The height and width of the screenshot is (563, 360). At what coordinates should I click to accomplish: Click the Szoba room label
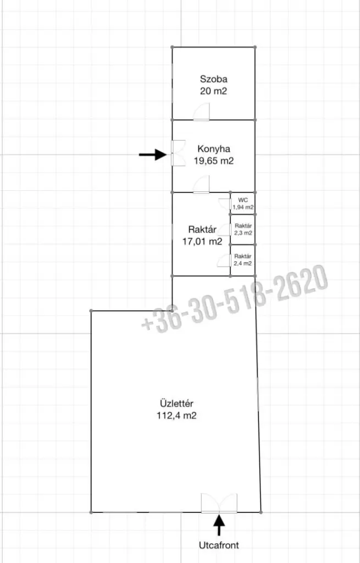pyautogui.click(x=214, y=79)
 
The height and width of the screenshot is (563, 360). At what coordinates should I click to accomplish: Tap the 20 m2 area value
pyautogui.click(x=214, y=91)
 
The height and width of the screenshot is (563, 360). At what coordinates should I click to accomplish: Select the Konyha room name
pyautogui.click(x=214, y=148)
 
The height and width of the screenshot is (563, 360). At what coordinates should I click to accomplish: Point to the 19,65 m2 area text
pyautogui.click(x=214, y=161)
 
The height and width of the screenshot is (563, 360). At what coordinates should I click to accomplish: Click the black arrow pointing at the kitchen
pyautogui.click(x=153, y=154)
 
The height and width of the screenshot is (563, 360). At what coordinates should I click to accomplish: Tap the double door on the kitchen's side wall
pyautogui.click(x=178, y=153)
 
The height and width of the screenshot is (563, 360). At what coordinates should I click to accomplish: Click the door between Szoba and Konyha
pyautogui.click(x=201, y=112)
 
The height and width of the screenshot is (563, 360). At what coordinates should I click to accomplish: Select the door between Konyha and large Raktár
pyautogui.click(x=201, y=184)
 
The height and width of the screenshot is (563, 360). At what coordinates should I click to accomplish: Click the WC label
pyautogui.click(x=243, y=200)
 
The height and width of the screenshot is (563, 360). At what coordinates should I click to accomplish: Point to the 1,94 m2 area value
pyautogui.click(x=243, y=207)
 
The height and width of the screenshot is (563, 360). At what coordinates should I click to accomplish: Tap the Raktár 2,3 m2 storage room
pyautogui.click(x=243, y=229)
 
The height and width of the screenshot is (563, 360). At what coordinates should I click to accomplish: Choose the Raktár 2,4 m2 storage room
pyautogui.click(x=243, y=260)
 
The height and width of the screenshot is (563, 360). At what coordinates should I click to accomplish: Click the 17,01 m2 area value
pyautogui.click(x=202, y=241)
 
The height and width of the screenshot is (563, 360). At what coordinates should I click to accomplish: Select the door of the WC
pyautogui.click(x=225, y=204)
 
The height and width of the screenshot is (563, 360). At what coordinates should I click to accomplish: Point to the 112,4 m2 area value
pyautogui.click(x=176, y=416)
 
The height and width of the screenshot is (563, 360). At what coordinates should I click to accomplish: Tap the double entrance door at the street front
pyautogui.click(x=219, y=503)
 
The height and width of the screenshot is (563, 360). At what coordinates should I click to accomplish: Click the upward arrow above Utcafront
pyautogui.click(x=219, y=525)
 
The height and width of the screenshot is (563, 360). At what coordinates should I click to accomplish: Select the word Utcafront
pyautogui.click(x=219, y=545)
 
